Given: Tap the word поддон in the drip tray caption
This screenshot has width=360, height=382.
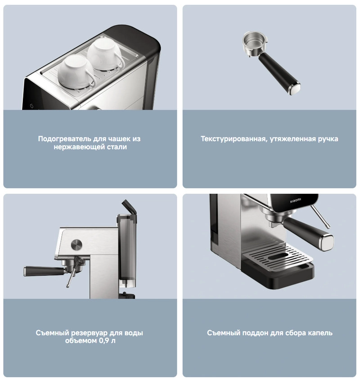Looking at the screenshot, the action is coord(255,333).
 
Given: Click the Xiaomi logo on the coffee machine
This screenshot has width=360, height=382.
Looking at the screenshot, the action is coord(295,201).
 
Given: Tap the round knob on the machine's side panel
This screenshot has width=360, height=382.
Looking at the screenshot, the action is coord(76,244).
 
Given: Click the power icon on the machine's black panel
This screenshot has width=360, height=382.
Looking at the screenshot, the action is coord(31,106).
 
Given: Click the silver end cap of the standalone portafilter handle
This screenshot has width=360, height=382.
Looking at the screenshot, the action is coord(294,89).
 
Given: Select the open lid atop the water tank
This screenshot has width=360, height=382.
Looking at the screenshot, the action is coord(129,207).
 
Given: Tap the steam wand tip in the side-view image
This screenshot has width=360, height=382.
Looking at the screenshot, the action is coord(68,285).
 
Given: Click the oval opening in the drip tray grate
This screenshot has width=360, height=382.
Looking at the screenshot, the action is coord(278,257).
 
